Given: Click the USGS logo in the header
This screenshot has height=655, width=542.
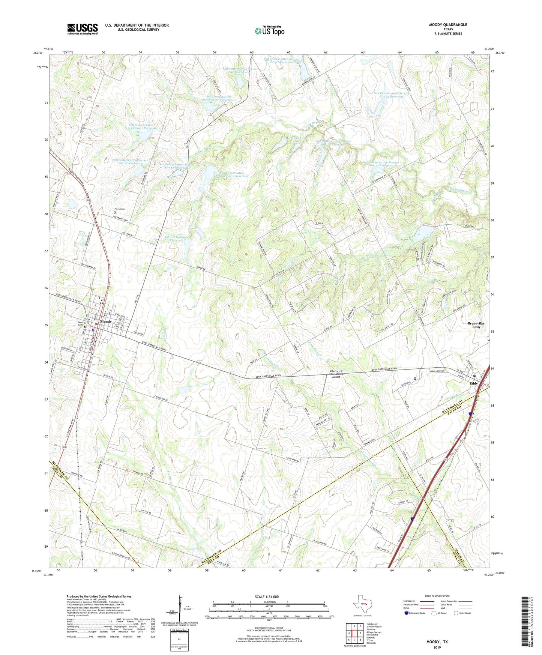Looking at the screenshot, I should [x=82, y=29].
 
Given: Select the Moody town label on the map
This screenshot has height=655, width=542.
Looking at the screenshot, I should [x=106, y=322].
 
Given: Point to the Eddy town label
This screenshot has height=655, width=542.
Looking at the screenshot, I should [x=474, y=383].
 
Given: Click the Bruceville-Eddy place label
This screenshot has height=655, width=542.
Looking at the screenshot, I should [x=476, y=325].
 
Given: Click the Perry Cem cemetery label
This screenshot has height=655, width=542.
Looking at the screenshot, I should [x=120, y=209].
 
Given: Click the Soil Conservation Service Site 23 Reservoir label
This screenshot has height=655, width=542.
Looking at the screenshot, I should [x=391, y=95].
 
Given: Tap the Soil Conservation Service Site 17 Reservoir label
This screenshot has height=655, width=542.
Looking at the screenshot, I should [x=130, y=162].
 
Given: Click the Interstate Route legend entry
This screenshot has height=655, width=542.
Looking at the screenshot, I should [x=414, y=613].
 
